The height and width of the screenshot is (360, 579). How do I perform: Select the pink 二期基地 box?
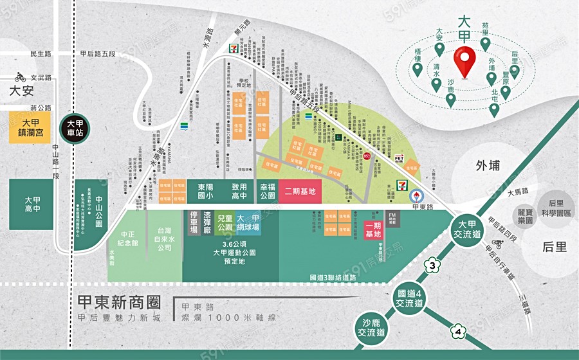point(300,191)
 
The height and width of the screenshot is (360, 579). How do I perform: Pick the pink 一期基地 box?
point(373,230)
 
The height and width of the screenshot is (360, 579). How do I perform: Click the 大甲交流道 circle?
point(467,229)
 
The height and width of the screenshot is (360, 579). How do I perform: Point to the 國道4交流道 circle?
point(410,298)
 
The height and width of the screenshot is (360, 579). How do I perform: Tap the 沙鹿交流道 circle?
point(371,328)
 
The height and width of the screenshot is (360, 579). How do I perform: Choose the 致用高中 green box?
point(239,191)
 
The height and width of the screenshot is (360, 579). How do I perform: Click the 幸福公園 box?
point(267,191)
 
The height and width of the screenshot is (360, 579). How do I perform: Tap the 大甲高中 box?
point(31,204)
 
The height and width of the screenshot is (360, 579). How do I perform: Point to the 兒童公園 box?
point(225,223)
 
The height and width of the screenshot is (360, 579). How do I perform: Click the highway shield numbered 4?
point(457,332)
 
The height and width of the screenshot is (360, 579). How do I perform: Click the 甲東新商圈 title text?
point(117,302)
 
